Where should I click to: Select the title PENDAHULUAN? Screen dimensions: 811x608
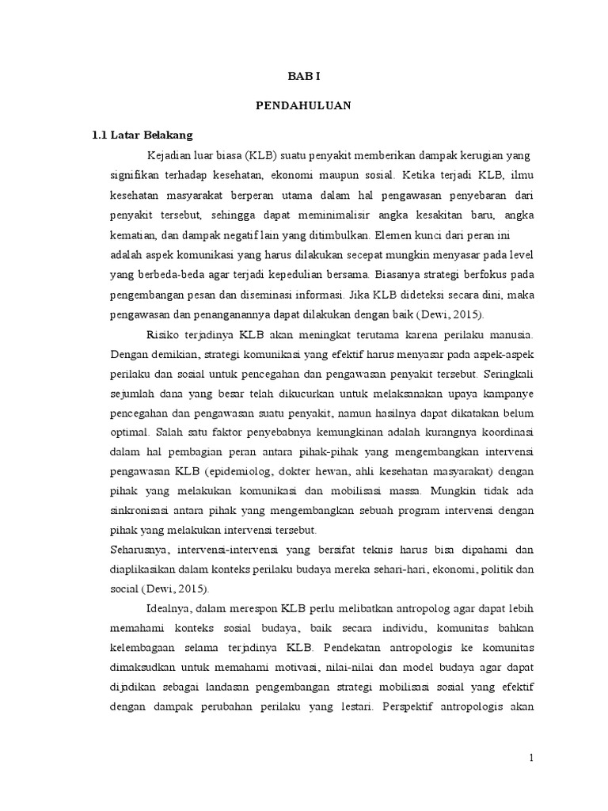pyautogui.click(x=304, y=105)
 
